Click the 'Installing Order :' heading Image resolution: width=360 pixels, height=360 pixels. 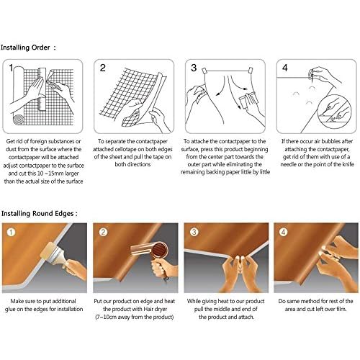coord(28,48)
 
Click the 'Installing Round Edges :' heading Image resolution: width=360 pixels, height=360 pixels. coord(40,214)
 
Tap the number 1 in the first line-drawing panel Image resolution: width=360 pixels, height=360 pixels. coord(11,68)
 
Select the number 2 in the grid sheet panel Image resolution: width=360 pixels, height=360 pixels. coord(103,68)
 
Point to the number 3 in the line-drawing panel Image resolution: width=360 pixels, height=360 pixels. coord(194,68)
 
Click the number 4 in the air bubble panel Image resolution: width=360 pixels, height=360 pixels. coord(285,68)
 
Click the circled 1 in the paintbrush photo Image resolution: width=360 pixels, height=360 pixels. coord(11,232)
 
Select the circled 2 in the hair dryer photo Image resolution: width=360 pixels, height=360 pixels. coord(103,232)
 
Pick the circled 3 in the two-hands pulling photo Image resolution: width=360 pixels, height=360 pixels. coord(194,232)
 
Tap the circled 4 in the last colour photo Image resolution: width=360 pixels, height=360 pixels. coord(284,232)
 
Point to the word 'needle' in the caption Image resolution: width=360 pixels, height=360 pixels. coord(288,165)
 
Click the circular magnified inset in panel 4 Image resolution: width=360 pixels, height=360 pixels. coord(334,111)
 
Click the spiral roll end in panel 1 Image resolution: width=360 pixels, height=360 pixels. coord(19,120)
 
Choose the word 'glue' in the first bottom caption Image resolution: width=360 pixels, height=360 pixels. coord(10,309)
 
